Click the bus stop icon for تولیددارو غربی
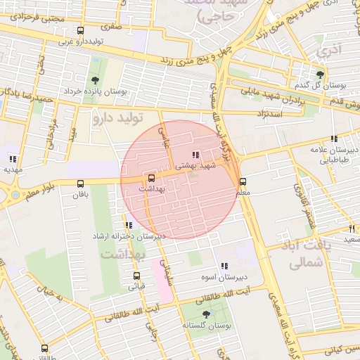(x=80, y=31)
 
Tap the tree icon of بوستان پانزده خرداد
(x=95, y=80)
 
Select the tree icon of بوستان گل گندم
(x=321, y=74)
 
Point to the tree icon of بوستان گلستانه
(x=206, y=314)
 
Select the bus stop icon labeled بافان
(x=80, y=184)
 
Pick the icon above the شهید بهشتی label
(x=195, y=155)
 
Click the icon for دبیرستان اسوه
(x=224, y=266)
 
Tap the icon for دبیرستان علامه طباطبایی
(x=333, y=139)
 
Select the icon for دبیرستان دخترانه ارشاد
(x=126, y=225)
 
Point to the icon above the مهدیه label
(x=13, y=158)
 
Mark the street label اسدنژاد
(x=271, y=112)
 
